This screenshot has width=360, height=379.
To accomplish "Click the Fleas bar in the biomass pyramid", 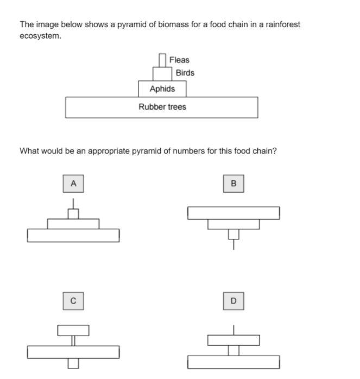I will tap(162, 60).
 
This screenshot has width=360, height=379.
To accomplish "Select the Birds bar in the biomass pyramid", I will tap(162, 73).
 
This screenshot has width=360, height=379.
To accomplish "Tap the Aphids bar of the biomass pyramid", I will tap(162, 89).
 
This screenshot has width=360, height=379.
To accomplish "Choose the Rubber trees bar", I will tap(162, 107).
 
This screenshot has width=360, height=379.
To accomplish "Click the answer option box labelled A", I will tap(73, 184).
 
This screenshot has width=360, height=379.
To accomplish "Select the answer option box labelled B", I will tap(233, 184).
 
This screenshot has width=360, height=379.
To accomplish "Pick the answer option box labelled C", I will tap(73, 300).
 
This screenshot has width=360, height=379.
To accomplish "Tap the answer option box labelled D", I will tap(233, 300).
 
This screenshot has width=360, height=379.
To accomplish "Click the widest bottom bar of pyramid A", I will tap(73, 235).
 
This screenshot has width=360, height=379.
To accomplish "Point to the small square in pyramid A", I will tap(73, 214).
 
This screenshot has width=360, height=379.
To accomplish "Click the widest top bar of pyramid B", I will tap(233, 213).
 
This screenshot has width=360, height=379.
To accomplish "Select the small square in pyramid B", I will tap(233, 234).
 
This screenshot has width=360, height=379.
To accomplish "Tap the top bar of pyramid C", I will tap(73, 330).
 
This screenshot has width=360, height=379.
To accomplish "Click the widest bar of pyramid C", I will tap(73, 352).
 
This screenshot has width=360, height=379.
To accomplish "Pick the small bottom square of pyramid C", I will tap(73, 363).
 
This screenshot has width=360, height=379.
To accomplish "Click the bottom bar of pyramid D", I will tap(233, 362).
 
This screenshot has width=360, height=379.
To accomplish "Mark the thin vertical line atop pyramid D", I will tap(233, 330).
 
